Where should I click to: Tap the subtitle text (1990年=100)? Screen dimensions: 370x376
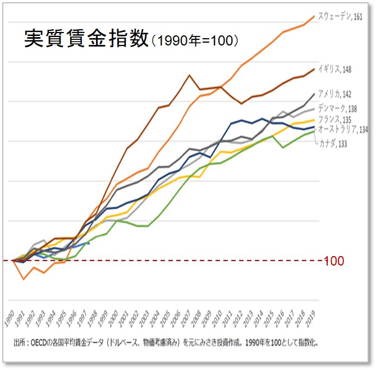[195, 40]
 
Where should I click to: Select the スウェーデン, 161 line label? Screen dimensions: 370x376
[340, 17]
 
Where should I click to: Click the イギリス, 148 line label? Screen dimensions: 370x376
[336, 69]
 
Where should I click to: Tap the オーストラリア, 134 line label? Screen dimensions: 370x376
[343, 130]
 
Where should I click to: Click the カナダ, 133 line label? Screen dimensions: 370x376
[333, 144]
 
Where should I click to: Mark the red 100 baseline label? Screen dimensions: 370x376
[334, 261]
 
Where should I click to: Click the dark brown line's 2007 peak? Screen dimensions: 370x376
[189, 75]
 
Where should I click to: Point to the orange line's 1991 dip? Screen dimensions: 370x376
[23, 278]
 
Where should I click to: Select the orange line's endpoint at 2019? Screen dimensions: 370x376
[314, 16]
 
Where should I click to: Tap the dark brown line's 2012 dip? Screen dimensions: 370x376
[241, 104]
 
